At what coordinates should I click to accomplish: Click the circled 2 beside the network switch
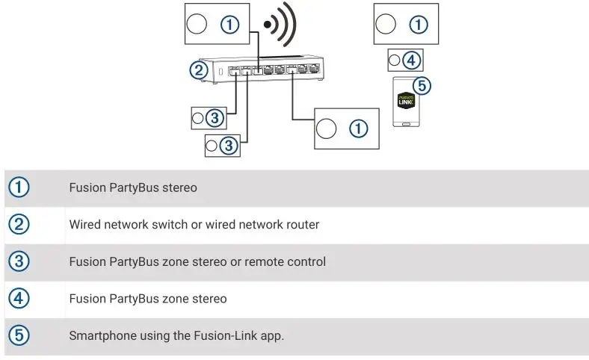point(198,70)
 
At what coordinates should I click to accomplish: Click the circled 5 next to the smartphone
point(422,86)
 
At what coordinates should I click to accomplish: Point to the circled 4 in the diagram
point(412,60)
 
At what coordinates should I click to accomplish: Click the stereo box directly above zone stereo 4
point(406,24)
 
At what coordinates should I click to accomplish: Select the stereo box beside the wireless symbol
point(216,24)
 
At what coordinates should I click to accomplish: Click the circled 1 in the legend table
point(19,187)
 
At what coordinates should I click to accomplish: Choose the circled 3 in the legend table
point(19,262)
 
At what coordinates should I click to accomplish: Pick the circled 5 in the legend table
point(19,336)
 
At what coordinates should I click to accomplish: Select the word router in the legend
point(301,225)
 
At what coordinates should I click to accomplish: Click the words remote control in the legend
point(288,262)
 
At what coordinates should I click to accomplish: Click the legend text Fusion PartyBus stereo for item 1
point(133,187)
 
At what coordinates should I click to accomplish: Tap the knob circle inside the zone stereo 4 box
point(395,60)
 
